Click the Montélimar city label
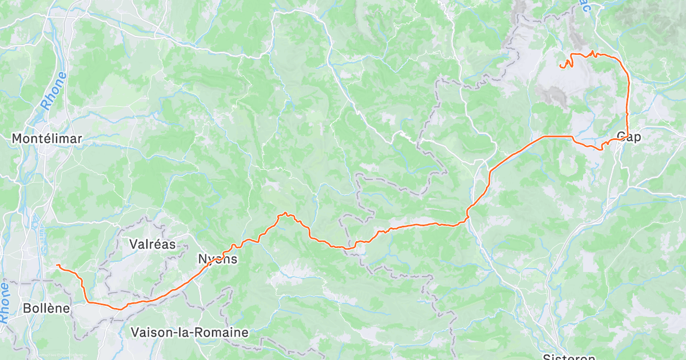pos(47,138)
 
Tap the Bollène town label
pos(46,309)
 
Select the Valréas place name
pos(152,244)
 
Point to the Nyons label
pos(217,259)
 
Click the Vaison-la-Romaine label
pos(189,332)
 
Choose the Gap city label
pos(629,137)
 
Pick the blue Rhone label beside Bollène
pos(4,303)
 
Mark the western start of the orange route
pos(57,265)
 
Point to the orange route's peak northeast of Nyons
pos(285,214)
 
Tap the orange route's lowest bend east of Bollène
pos(118,309)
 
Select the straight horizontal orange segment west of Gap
pos(556,136)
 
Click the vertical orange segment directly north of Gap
pos(628,103)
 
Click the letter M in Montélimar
pos(18,138)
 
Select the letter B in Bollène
pos(27,309)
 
